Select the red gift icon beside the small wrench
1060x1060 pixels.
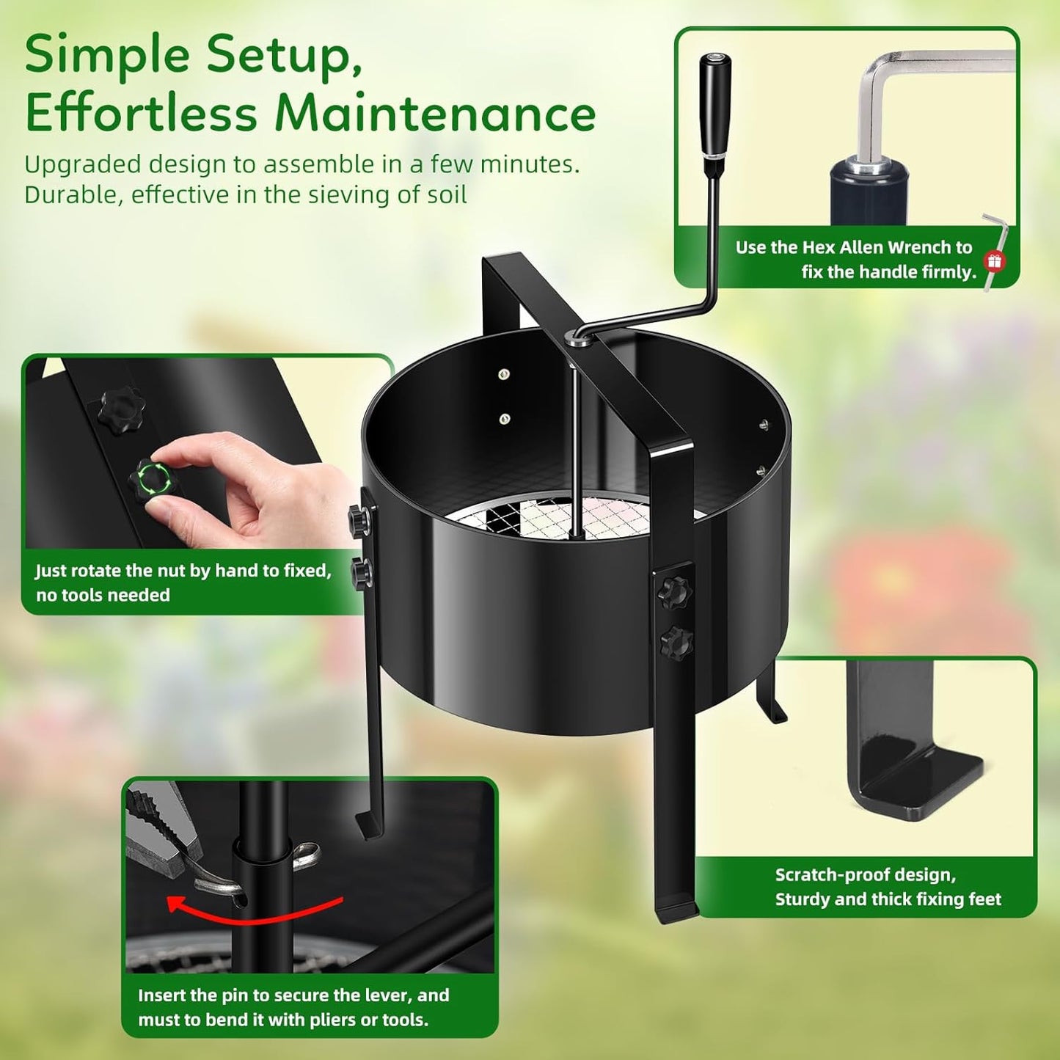tap(994, 260)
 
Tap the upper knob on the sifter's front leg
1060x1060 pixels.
tap(673, 591)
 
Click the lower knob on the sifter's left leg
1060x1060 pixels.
tap(361, 572)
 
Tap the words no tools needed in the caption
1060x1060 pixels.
tap(103, 595)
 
